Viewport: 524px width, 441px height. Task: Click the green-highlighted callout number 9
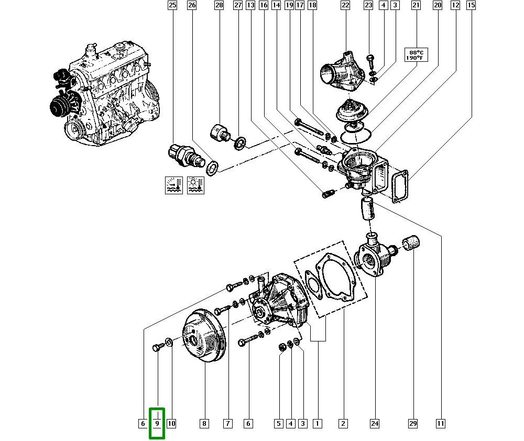click(x=157, y=423)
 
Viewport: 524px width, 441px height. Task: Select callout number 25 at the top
click(x=172, y=6)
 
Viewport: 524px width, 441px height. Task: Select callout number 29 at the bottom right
click(x=413, y=423)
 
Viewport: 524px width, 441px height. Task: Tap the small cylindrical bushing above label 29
click(x=412, y=242)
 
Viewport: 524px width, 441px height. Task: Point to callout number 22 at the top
click(x=345, y=6)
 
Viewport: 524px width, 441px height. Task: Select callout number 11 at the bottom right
click(x=441, y=423)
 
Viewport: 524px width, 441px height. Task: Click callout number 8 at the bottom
click(x=204, y=423)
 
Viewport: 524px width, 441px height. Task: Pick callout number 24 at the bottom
click(x=374, y=423)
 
